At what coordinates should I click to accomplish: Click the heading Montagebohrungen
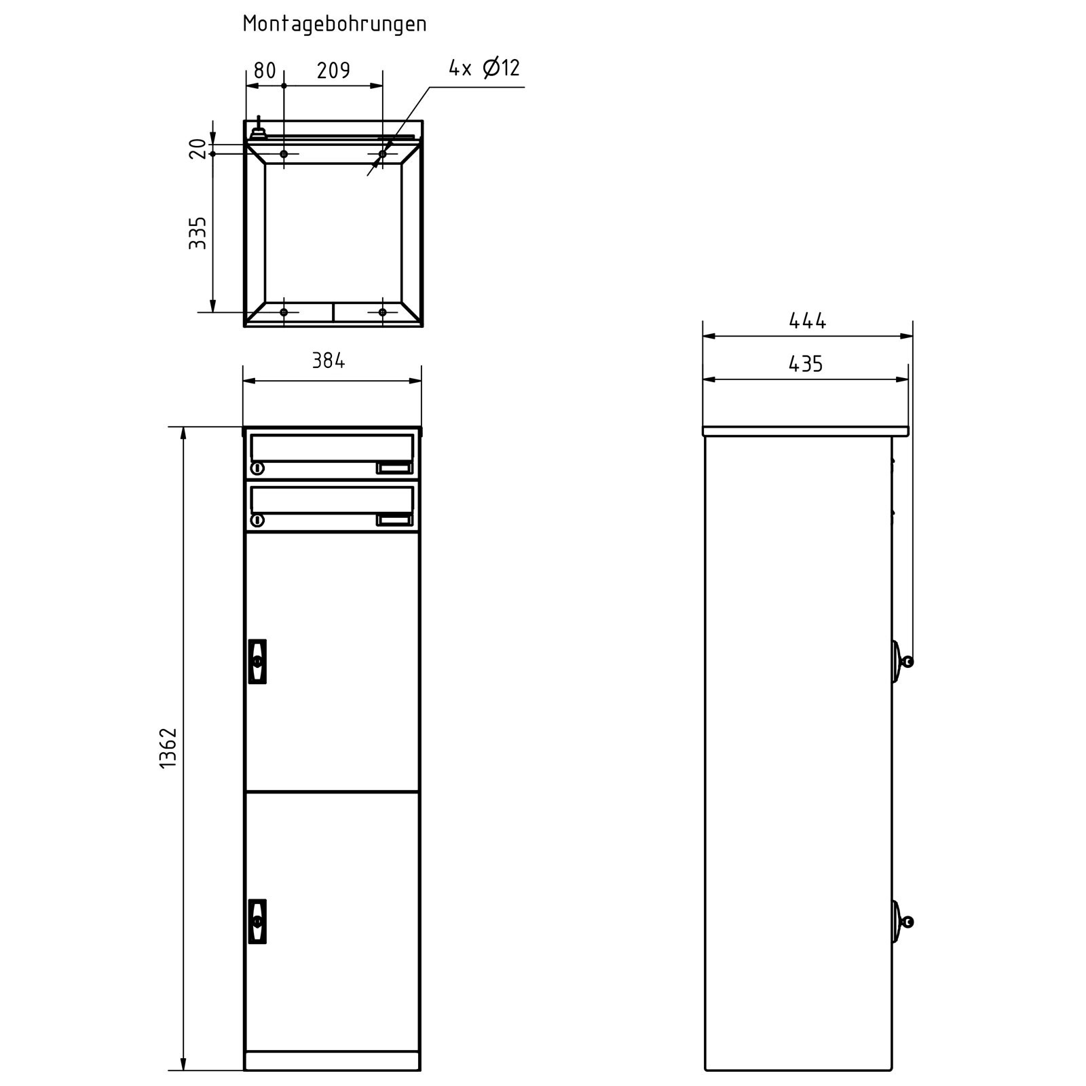click(x=335, y=24)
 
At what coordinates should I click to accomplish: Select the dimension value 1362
click(x=168, y=747)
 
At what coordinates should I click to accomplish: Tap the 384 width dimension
click(x=329, y=361)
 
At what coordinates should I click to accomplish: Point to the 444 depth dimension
click(x=807, y=320)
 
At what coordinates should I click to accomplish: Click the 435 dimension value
click(x=806, y=364)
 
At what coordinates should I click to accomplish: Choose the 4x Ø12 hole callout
click(x=484, y=68)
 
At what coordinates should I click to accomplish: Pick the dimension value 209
click(x=333, y=71)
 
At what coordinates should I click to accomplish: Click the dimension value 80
click(x=264, y=71)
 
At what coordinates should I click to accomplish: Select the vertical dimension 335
click(x=198, y=233)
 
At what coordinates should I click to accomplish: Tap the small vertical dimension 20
click(x=198, y=148)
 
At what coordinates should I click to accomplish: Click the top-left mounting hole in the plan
click(x=284, y=154)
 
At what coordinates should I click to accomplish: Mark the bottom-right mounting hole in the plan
click(x=382, y=312)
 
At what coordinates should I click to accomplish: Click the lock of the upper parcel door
click(x=257, y=660)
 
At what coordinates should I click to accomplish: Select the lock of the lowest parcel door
click(x=257, y=921)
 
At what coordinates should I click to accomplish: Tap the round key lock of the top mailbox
click(x=257, y=468)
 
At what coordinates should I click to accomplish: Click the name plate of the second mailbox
click(x=394, y=520)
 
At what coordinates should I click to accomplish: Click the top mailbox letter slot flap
click(x=332, y=447)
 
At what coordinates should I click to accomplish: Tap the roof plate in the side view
click(x=806, y=431)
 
